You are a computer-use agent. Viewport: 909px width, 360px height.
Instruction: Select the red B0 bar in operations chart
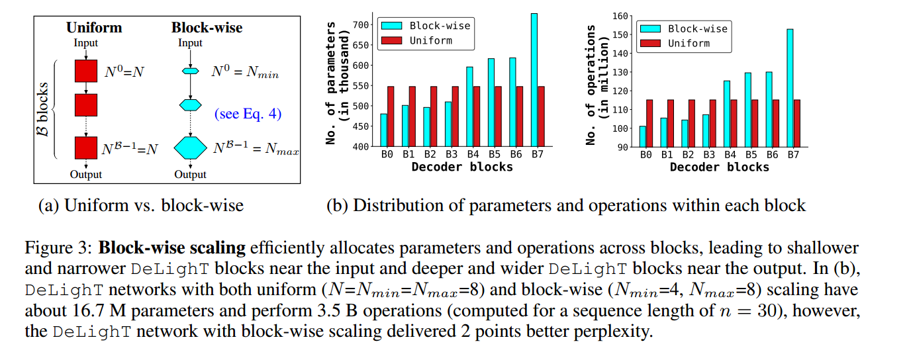click(x=650, y=122)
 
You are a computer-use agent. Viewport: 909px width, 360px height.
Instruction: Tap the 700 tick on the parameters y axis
click(x=359, y=25)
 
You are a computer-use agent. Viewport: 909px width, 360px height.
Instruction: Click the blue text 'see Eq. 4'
click(x=248, y=114)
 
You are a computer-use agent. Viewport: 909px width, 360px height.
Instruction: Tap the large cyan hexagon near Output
click(x=191, y=148)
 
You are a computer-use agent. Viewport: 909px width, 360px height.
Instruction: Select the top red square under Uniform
click(x=86, y=71)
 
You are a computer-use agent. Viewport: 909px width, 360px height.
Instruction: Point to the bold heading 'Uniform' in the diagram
click(x=94, y=28)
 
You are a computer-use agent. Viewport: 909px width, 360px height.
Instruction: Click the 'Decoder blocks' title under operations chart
click(x=720, y=167)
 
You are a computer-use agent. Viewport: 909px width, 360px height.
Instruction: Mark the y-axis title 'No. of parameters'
click(x=332, y=83)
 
